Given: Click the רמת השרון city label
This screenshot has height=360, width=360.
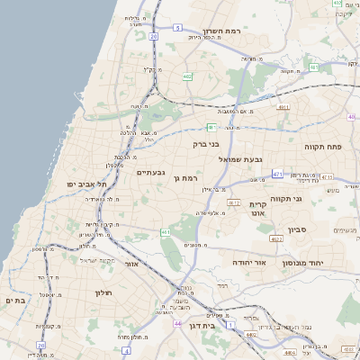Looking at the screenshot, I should click(x=241, y=31).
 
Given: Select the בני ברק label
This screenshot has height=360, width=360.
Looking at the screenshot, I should click(x=206, y=143).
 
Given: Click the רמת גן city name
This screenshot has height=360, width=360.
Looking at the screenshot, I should click(x=184, y=178).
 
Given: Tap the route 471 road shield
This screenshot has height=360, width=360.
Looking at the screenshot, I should click(x=276, y=173).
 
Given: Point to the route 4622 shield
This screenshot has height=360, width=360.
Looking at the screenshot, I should click(x=275, y=238).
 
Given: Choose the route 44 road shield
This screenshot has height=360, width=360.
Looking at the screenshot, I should click(x=178, y=323).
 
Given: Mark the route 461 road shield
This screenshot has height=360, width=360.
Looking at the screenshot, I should click(x=166, y=232).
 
